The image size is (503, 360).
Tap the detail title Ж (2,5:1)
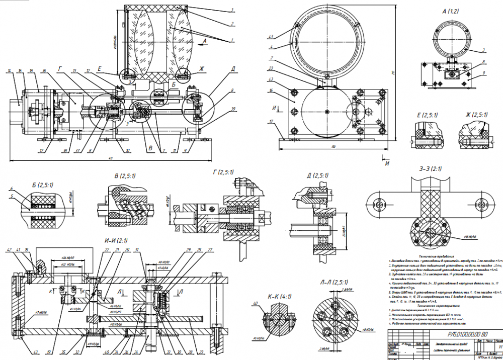473,115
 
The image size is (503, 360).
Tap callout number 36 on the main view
44,71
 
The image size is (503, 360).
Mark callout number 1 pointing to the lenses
232,40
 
